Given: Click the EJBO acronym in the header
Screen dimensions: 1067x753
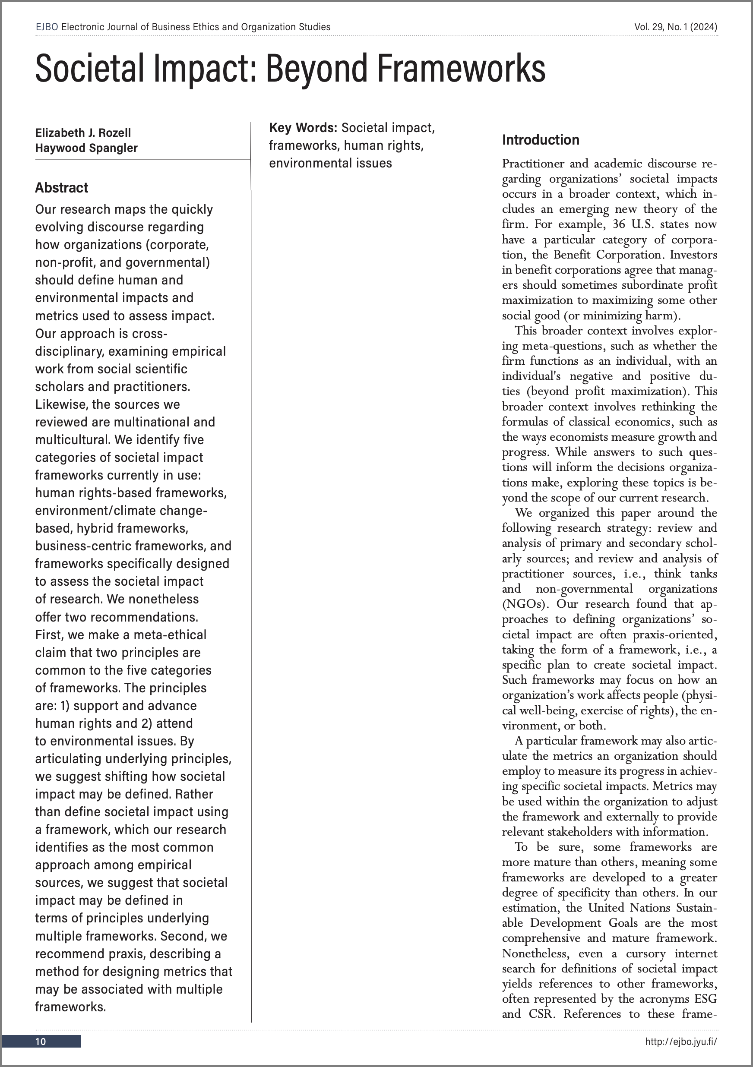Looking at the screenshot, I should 47,27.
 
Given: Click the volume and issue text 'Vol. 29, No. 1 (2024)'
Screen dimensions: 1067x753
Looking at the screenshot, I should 675,27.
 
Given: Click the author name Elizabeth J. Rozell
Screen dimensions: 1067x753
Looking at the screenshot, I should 83,133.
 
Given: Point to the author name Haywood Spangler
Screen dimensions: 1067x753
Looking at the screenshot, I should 86,148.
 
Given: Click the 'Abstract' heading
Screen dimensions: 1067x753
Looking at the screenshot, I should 61,188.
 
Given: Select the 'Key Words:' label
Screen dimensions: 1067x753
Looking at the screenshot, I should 303,128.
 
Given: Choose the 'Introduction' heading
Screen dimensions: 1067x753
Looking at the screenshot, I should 541,140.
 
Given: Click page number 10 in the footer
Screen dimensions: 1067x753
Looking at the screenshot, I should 41,1042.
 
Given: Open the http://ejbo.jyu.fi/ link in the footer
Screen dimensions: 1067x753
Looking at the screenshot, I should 681,1042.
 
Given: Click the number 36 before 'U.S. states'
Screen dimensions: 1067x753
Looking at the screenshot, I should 619,224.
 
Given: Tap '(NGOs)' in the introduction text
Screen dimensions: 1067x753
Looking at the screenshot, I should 526,604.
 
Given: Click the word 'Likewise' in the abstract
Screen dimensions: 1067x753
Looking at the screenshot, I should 61,404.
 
